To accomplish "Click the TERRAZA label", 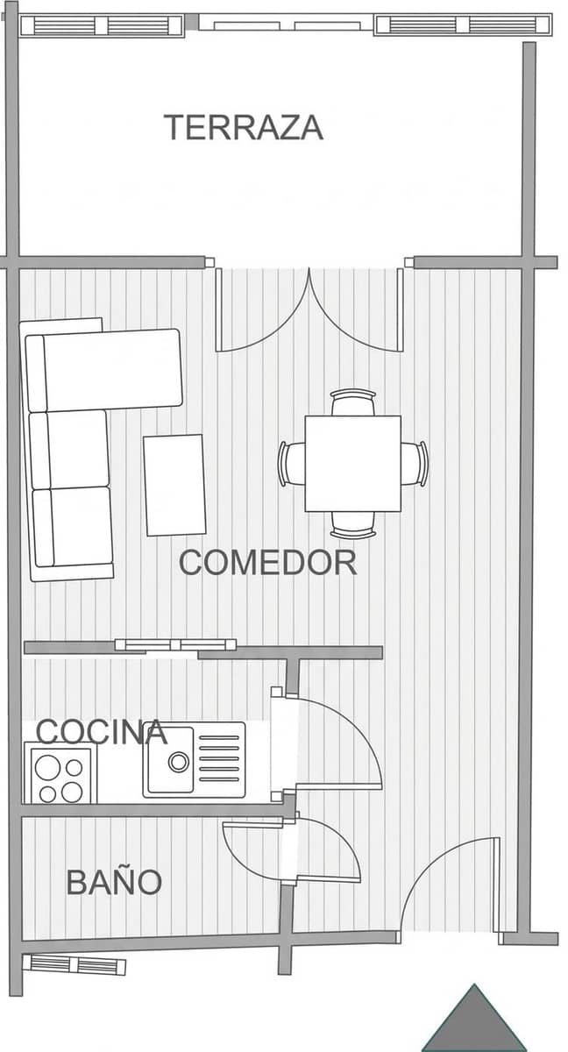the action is [243, 127].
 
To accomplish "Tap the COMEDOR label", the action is [267, 562].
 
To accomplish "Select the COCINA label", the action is [102, 731].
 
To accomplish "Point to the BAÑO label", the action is [114, 882].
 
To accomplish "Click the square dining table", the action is [353, 463].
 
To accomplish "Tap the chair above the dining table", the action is [353, 402].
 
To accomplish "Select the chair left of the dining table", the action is [292, 464].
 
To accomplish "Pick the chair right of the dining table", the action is [414, 464].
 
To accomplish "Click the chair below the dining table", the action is [353, 524].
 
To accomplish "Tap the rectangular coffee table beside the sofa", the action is [174, 485].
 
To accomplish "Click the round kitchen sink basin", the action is [179, 761].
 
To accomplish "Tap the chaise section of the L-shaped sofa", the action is [104, 370].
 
